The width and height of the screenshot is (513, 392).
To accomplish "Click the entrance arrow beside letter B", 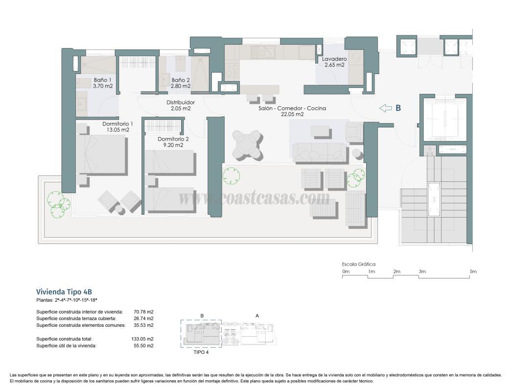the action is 386,108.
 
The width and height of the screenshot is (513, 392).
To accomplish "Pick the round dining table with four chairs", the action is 247,145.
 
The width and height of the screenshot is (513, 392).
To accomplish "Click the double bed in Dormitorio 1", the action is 101,154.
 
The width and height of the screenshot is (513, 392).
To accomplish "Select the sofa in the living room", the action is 320,153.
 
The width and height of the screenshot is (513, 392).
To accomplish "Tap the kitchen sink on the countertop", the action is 262,52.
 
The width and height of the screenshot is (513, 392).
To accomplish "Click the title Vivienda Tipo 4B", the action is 64,292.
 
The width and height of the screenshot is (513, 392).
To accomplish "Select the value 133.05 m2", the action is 142,339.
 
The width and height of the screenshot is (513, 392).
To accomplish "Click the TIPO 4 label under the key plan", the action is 201,352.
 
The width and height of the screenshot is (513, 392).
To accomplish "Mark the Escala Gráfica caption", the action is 359,264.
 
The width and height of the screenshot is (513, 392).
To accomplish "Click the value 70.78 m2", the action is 143,312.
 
